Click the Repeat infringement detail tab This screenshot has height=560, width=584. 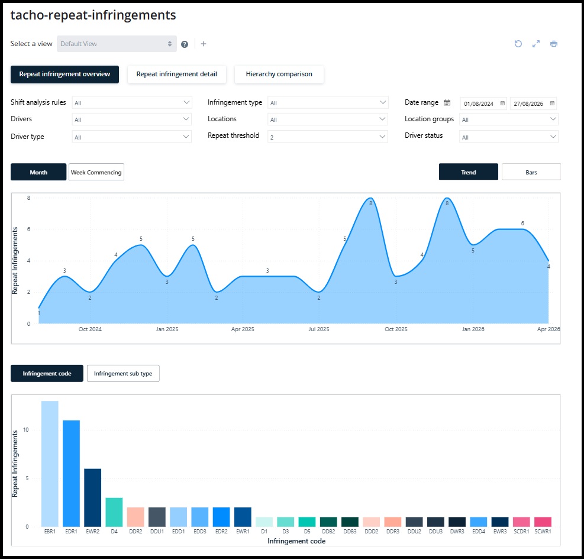(176, 74)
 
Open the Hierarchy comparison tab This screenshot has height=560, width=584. (279, 74)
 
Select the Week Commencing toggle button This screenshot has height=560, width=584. (96, 172)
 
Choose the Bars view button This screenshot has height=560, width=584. (531, 172)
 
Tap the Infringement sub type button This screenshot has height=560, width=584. (123, 374)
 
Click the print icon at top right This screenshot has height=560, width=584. (554, 44)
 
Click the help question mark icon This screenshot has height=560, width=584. (185, 44)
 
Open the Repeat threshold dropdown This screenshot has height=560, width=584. (328, 137)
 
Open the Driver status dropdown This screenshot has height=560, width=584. (509, 137)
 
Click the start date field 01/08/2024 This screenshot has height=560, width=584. (483, 103)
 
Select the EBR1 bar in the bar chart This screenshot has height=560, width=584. (50, 464)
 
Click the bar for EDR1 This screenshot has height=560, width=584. (71, 473)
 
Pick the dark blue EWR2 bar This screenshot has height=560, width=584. (93, 497)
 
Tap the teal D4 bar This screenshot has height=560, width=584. (114, 512)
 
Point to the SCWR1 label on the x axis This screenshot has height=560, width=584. (543, 532)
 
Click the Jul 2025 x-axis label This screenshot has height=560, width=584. (319, 329)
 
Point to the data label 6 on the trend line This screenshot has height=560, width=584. (522, 224)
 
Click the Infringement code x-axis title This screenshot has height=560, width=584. (296, 541)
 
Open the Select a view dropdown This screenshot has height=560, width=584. (117, 44)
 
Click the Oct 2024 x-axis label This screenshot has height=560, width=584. (90, 329)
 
